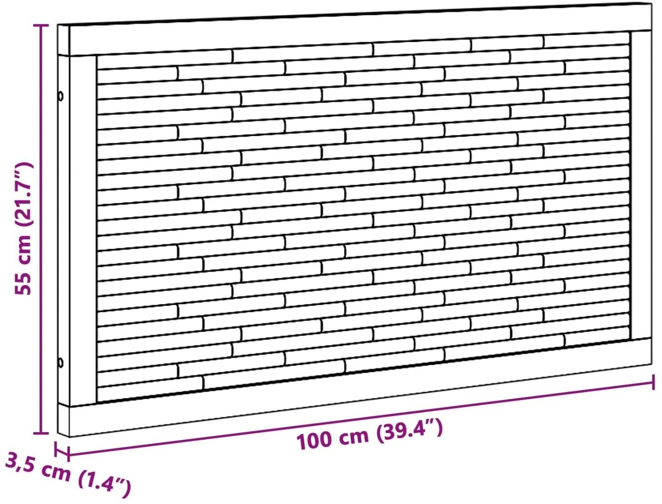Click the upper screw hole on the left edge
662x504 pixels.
coord(61,96)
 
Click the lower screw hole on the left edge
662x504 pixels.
coord(61,362)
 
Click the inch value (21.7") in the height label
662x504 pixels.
coord(23,194)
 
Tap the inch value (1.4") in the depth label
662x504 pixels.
coord(104,486)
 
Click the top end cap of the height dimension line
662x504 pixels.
coord(41,26)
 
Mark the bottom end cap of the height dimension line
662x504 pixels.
coord(41,433)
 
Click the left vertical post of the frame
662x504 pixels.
coord(84,231)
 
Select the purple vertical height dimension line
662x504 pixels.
coord(41,229)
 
